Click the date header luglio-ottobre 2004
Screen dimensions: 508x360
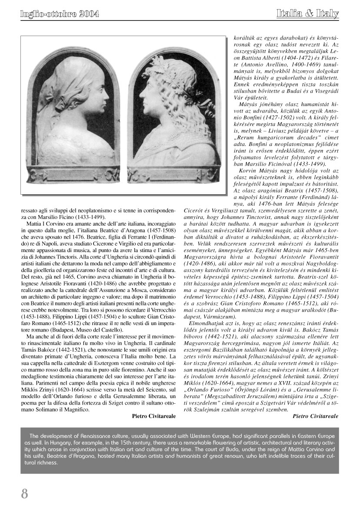[x=60, y=14]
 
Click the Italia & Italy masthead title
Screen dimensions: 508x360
[x=307, y=14]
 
